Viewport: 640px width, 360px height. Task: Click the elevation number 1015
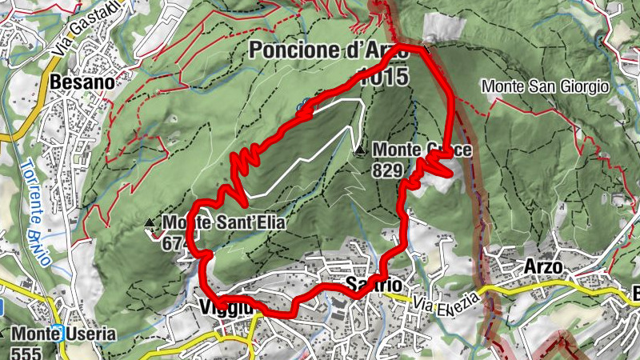tap(384, 77)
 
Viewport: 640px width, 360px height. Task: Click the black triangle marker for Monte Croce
tap(361, 150)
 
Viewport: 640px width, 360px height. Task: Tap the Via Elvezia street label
tap(446, 303)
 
